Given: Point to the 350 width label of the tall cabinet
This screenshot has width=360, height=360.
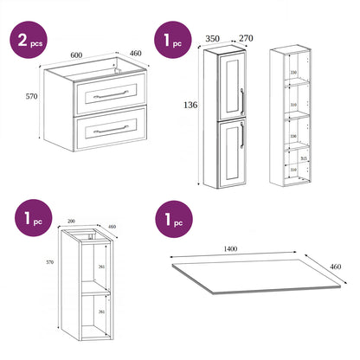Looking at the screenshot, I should pos(212,39).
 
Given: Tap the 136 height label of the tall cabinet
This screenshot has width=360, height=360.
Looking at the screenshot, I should pos(191,106).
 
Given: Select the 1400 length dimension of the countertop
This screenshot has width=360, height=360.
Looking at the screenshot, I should pos(231,248).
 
